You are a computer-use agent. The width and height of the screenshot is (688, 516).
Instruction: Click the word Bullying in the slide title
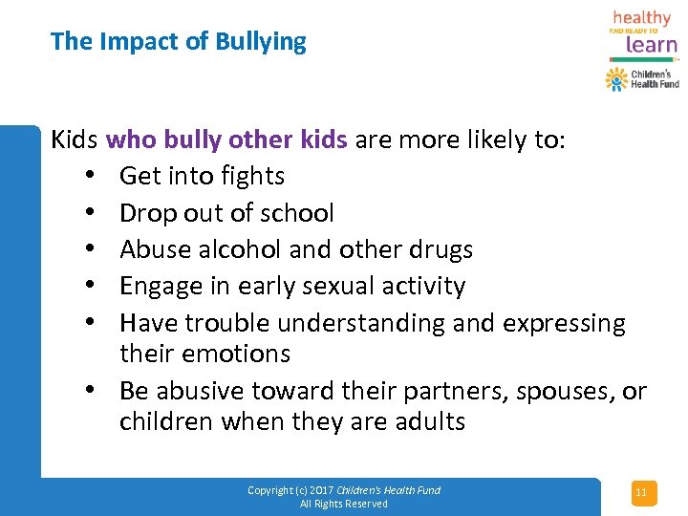point(261,42)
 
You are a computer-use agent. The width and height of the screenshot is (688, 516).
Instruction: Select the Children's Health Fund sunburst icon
point(616,78)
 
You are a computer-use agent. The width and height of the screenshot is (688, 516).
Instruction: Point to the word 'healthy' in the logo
point(642,18)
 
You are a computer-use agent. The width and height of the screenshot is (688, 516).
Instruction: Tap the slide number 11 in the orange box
point(641,493)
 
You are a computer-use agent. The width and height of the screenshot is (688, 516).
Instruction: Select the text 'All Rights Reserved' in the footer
point(344,504)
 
